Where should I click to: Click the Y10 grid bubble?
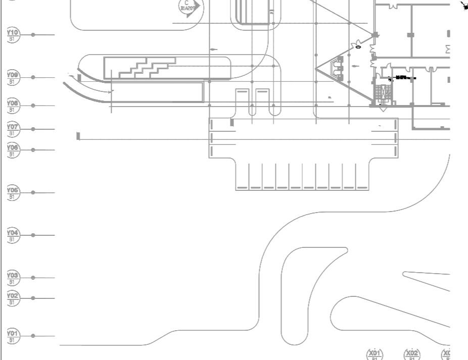tap(13, 35)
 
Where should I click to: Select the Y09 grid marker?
tap(13, 77)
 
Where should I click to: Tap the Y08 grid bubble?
tap(13, 106)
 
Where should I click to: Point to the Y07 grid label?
tap(13, 129)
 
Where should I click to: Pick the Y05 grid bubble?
tap(13, 192)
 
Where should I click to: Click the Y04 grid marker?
tap(13, 235)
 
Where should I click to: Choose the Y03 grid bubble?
tap(13, 278)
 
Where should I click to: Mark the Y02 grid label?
tap(13, 298)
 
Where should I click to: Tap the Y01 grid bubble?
tap(13, 336)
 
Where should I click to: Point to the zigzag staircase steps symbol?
tap(147, 67)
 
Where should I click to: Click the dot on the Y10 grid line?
tap(33, 35)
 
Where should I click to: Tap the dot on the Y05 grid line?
tap(33, 192)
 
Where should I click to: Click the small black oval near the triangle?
tap(358, 47)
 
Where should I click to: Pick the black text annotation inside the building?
tap(403, 78)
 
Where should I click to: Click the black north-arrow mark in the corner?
tap(464, 6)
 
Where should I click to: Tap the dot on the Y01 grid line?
tap(33, 336)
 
